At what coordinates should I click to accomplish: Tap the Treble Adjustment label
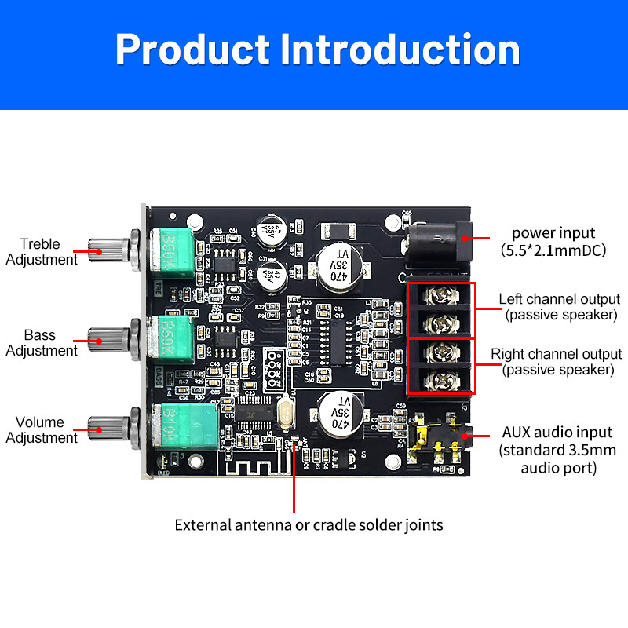click(x=41, y=251)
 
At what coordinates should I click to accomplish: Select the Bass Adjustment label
click(x=41, y=343)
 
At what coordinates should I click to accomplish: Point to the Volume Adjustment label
click(x=41, y=429)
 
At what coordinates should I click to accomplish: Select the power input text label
click(x=553, y=242)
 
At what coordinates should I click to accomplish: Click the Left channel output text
click(x=559, y=307)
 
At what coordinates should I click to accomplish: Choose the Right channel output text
click(x=557, y=361)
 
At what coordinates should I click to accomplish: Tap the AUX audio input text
click(x=557, y=450)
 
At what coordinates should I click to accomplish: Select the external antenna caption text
click(x=309, y=524)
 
